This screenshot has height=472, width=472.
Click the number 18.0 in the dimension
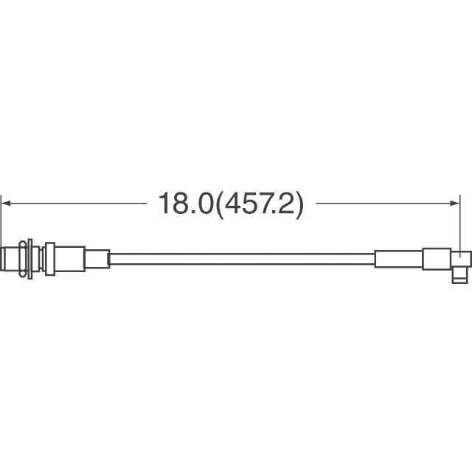185,204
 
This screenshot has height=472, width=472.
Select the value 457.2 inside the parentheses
259,204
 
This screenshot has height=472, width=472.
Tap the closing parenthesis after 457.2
299,205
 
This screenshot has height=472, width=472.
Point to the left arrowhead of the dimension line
6,204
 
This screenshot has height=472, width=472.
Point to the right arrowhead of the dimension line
454,204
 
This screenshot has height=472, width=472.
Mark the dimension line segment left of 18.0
74,204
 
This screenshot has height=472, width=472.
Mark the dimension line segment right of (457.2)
388,204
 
